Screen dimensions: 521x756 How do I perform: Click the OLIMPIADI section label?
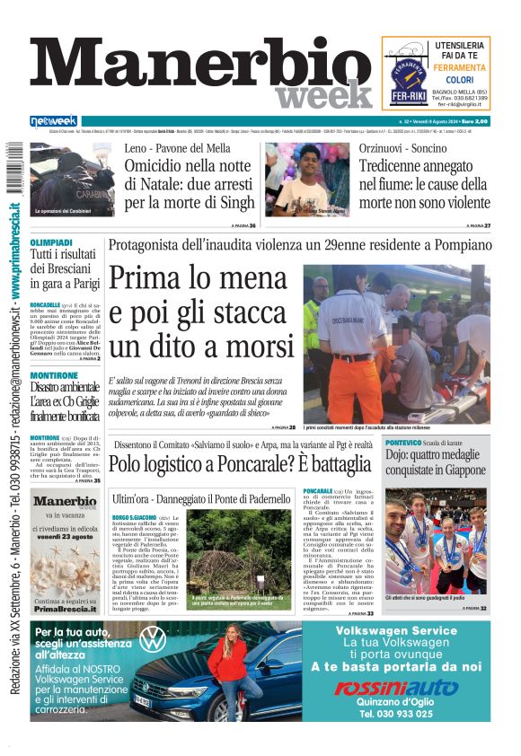(51, 243)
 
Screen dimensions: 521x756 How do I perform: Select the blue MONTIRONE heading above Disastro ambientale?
(53, 375)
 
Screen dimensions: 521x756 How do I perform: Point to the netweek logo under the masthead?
(54, 121)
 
